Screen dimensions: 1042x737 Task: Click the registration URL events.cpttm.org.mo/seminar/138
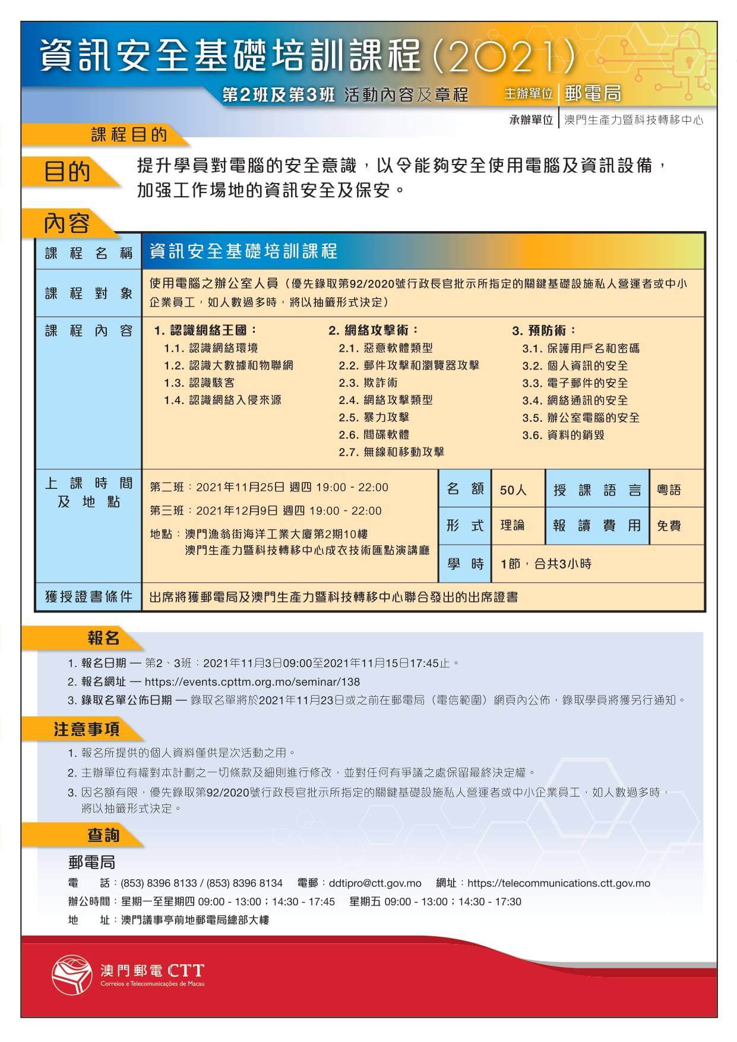click(x=252, y=682)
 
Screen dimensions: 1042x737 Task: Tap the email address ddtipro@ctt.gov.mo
click(x=375, y=883)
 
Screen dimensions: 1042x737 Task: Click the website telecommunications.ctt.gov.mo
click(x=558, y=883)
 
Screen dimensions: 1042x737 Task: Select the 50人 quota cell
click(x=513, y=490)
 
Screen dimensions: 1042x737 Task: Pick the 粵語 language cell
click(x=669, y=490)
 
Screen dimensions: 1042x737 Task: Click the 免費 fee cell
click(x=669, y=526)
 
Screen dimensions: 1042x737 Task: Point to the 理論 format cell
click(x=512, y=526)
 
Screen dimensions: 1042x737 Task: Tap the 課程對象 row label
click(x=88, y=293)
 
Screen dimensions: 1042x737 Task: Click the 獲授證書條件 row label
click(x=88, y=596)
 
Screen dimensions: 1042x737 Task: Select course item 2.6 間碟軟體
click(x=374, y=435)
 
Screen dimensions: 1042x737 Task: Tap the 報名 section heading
click(x=103, y=639)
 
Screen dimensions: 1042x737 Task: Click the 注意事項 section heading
click(x=87, y=729)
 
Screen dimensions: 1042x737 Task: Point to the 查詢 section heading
click(x=103, y=835)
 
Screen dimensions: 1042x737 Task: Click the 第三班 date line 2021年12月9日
click(x=265, y=511)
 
